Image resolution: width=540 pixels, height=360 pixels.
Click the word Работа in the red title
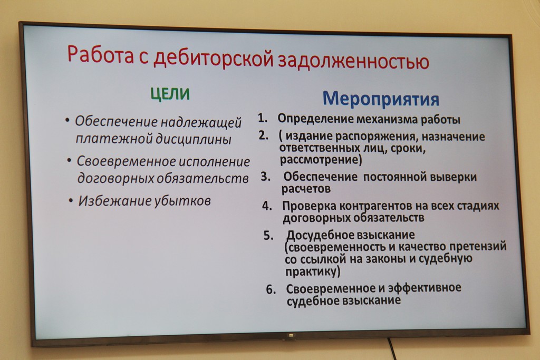(x=101, y=54)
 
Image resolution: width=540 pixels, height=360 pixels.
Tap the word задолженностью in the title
(x=353, y=61)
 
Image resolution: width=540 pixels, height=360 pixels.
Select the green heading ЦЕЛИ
(x=170, y=94)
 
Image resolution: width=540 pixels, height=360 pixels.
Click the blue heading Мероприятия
(x=381, y=99)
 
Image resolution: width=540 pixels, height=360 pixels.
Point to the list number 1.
(x=263, y=118)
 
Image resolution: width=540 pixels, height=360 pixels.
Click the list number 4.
(x=267, y=206)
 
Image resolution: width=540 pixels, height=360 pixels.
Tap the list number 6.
(x=271, y=290)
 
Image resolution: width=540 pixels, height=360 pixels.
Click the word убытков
(x=182, y=201)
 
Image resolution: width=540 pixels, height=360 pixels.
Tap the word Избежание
(x=114, y=201)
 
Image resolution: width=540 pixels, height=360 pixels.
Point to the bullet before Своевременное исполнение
(x=69, y=160)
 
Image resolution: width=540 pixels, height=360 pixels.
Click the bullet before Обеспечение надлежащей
(x=67, y=121)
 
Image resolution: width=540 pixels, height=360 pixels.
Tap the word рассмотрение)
(x=321, y=160)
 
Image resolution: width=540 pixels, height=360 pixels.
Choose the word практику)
(x=312, y=271)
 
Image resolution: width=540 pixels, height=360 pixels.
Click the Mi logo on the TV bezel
(x=291, y=335)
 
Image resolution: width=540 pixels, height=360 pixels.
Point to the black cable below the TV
(x=391, y=349)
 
